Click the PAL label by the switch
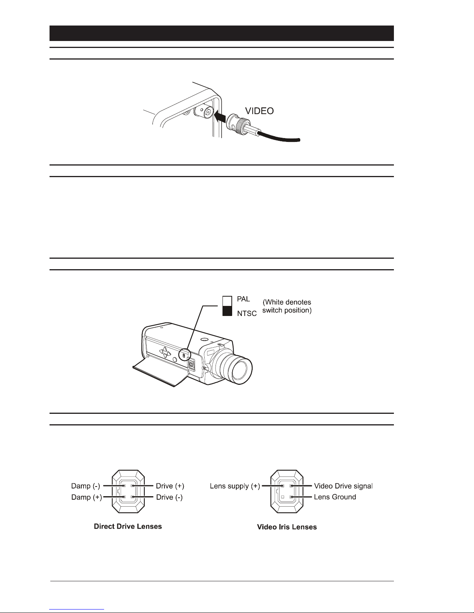(243, 299)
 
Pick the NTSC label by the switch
(246, 313)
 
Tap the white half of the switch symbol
(227, 301)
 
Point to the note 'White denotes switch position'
(287, 306)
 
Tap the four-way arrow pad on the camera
(165, 352)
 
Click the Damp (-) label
(86, 486)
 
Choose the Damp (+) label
(86, 497)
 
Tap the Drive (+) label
(170, 486)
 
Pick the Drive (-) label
(169, 497)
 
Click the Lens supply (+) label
(235, 486)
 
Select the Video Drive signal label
(343, 486)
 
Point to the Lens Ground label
(335, 497)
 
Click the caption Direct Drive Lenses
(128, 526)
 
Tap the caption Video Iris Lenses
(287, 527)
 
